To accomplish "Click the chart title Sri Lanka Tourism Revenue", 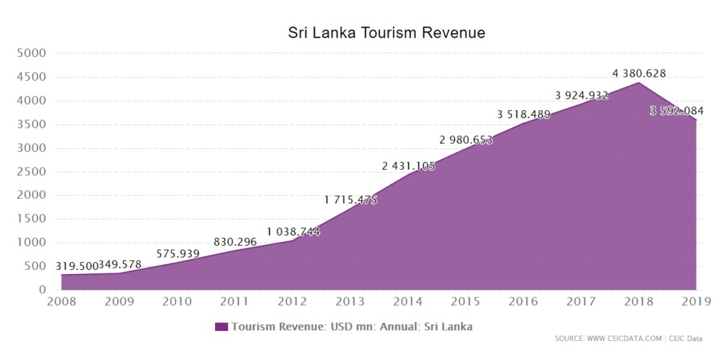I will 386,33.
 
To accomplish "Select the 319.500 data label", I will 77,266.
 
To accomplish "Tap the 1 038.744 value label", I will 293,231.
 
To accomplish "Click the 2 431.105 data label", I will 408,166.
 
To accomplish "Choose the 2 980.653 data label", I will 466,139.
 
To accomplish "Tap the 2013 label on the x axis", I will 350,302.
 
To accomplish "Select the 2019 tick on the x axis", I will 696,302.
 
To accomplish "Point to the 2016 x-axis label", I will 523,302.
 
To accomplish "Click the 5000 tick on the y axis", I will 31,53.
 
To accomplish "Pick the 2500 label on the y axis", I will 31,172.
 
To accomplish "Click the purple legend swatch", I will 222,327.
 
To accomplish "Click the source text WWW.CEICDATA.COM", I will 624,339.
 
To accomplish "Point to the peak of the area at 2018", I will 638,82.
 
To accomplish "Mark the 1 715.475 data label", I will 351,200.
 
